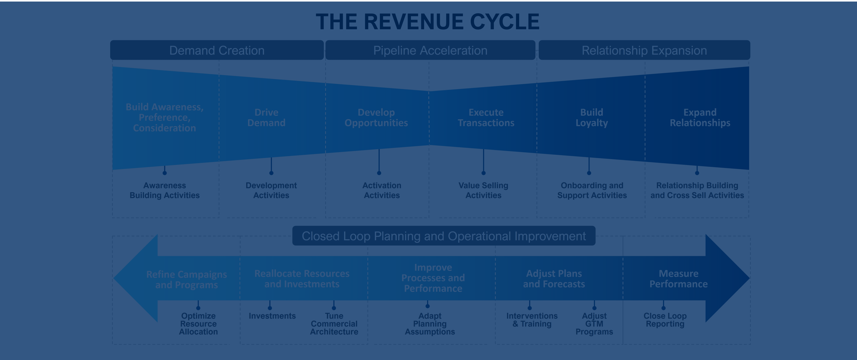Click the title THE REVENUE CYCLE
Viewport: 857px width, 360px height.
tap(428, 22)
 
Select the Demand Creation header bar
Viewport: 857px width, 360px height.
tap(217, 50)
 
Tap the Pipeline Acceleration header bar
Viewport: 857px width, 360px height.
tap(430, 50)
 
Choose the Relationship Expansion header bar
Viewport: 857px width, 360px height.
tap(644, 50)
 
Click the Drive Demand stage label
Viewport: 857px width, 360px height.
tap(266, 117)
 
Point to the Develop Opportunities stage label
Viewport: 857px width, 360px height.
tap(376, 117)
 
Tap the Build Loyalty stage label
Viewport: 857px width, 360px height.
tap(592, 117)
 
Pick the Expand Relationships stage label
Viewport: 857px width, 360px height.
tap(700, 117)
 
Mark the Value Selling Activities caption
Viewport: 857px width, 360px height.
tap(483, 190)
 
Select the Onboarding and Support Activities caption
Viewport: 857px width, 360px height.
tap(592, 190)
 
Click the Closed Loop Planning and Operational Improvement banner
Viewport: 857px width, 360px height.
tap(444, 236)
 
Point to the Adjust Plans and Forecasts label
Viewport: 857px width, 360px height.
tap(554, 279)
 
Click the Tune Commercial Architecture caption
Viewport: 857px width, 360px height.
tap(334, 324)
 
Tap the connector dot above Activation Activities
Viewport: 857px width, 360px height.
tap(379, 173)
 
